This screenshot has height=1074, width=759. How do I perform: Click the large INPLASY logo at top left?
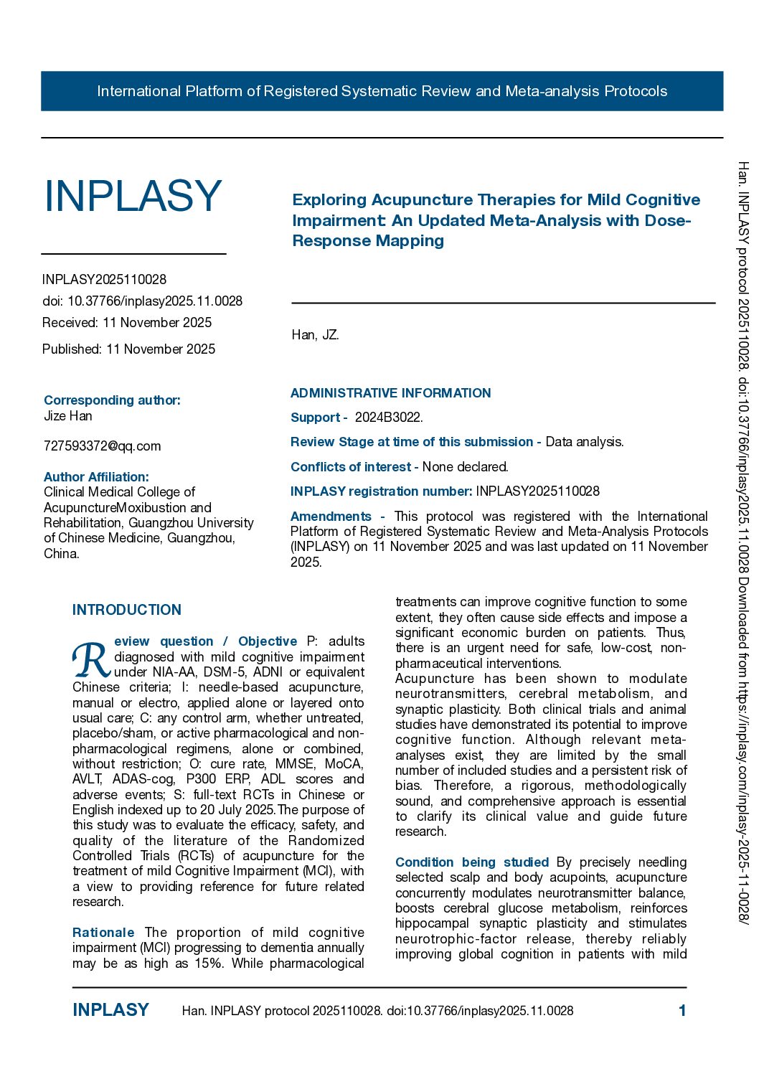click(x=133, y=196)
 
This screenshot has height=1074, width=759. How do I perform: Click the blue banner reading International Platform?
click(x=382, y=91)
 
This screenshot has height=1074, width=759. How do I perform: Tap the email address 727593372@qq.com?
click(x=102, y=446)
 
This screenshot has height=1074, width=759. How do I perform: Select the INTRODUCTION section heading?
click(x=127, y=610)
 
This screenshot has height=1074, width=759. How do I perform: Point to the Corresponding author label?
click(x=112, y=400)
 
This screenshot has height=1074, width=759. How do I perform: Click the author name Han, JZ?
click(x=315, y=335)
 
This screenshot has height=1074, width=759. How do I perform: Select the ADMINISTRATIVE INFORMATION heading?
click(x=390, y=393)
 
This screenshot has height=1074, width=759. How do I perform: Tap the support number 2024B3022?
click(x=388, y=418)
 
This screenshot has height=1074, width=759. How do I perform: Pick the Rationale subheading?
click(x=103, y=933)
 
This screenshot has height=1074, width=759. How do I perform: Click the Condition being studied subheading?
click(x=471, y=862)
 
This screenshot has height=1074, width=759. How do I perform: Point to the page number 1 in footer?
click(x=682, y=1011)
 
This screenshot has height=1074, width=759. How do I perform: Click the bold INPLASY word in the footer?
click(x=110, y=1010)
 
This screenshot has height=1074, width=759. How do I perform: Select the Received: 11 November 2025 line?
click(x=127, y=323)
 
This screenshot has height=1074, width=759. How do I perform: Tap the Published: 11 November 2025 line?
click(x=128, y=349)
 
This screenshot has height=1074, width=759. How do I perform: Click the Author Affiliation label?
click(x=96, y=477)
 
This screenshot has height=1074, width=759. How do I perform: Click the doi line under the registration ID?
click(x=142, y=301)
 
